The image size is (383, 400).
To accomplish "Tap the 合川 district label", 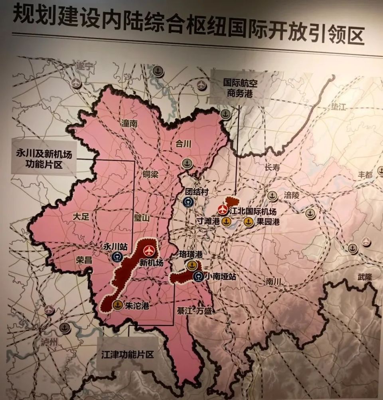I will [x=184, y=144].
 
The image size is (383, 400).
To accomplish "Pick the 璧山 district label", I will [x=142, y=218].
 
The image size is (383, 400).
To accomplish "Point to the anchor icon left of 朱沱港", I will [x=117, y=305].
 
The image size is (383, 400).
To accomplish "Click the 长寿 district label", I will [x=272, y=168].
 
